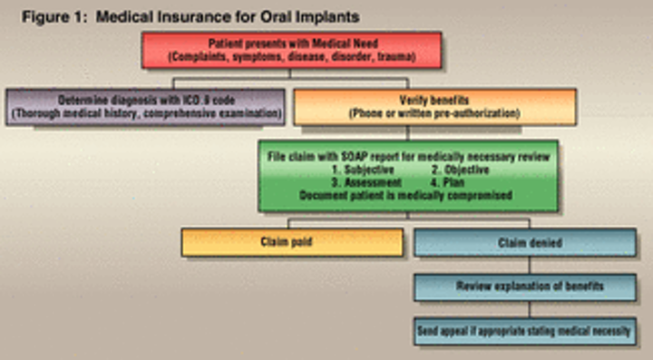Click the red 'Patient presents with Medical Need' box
click(x=291, y=50)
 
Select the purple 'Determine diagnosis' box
click(x=146, y=105)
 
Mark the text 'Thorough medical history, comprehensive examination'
click(x=146, y=113)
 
